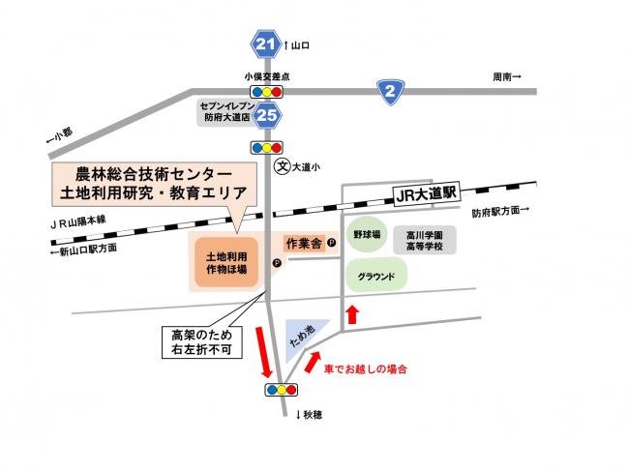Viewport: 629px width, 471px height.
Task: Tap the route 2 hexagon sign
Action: (390, 91)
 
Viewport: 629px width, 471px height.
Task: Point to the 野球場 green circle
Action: (367, 235)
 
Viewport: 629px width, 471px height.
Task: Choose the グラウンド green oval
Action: (374, 276)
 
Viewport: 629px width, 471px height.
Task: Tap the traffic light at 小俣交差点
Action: (267, 91)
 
